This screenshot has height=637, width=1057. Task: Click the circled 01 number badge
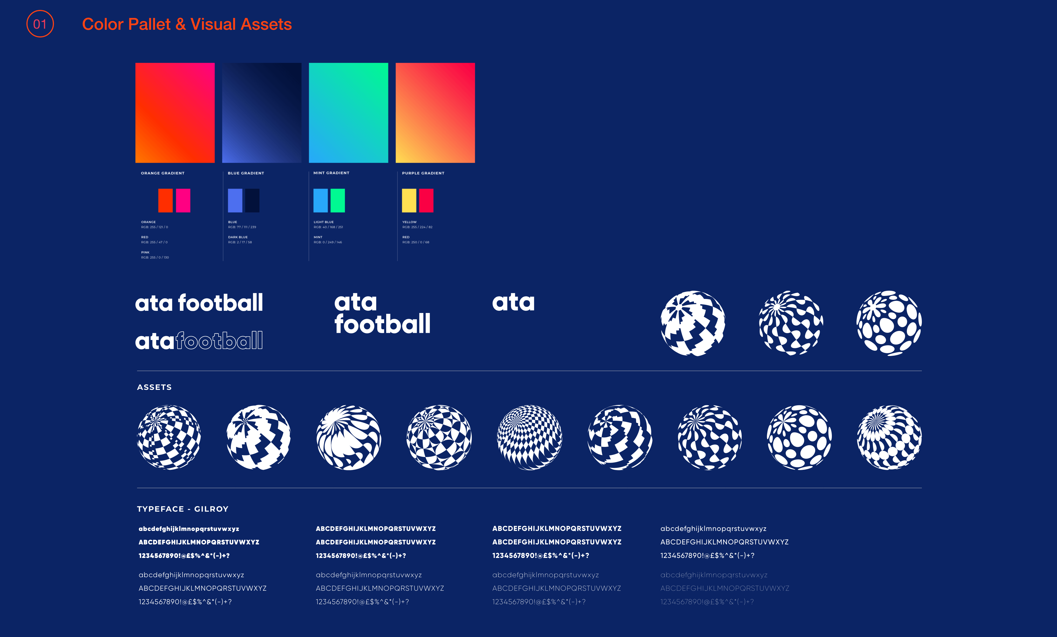coord(40,24)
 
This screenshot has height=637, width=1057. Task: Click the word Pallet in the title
coord(150,25)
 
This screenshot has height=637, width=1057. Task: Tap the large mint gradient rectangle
coord(348,112)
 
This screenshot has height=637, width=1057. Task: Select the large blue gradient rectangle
coord(261,112)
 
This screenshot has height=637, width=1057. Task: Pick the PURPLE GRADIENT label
coord(423,173)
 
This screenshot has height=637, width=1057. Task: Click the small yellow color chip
coord(409,201)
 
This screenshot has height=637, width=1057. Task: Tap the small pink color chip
coord(183,201)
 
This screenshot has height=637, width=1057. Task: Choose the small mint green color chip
coord(337,201)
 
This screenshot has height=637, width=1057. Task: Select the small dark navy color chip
coord(252,201)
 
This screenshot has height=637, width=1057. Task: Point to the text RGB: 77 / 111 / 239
coord(242,227)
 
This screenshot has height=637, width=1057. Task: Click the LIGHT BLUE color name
coord(323,222)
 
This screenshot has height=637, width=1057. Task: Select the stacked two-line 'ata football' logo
coord(382,313)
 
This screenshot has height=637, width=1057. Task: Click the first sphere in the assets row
coord(169,437)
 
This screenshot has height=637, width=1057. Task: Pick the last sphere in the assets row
coord(889,437)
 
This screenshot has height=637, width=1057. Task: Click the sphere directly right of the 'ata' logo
coord(693,323)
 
